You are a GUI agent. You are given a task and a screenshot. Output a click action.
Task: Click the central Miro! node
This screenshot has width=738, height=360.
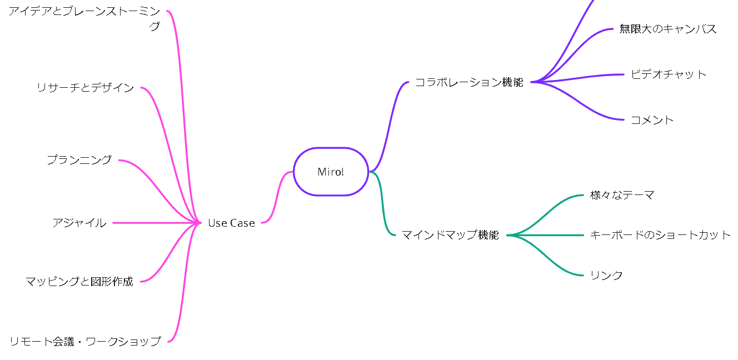click(331, 172)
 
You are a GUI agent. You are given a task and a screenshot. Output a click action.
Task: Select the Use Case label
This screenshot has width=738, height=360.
click(231, 223)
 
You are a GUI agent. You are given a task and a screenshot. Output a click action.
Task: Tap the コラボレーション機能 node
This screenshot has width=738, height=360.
click(469, 83)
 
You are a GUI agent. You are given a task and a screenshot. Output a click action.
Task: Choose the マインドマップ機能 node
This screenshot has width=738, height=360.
click(450, 235)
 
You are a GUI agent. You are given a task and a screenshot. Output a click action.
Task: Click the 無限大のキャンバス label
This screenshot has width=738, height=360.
click(668, 29)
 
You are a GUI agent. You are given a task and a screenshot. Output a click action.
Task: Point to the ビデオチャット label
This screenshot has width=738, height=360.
click(669, 74)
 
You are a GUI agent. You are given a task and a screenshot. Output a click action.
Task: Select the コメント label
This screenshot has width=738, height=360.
click(652, 120)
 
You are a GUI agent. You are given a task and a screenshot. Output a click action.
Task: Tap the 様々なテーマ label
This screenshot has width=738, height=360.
click(622, 195)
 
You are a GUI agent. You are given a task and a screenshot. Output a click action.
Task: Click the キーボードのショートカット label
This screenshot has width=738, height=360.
click(661, 235)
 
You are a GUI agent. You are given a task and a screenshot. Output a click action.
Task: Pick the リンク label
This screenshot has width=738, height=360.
click(606, 276)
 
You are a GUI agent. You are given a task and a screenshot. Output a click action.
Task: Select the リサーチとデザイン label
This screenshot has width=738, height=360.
click(85, 88)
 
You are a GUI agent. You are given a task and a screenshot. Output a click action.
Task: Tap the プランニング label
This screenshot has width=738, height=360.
click(79, 160)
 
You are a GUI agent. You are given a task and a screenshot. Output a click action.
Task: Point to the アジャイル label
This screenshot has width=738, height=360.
click(79, 223)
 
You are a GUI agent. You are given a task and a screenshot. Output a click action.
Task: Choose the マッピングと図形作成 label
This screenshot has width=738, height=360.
click(79, 282)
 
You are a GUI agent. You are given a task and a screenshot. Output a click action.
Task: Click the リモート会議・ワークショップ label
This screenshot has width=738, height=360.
click(85, 342)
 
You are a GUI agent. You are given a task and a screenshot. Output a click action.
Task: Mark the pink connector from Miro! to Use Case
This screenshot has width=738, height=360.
click(276, 197)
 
